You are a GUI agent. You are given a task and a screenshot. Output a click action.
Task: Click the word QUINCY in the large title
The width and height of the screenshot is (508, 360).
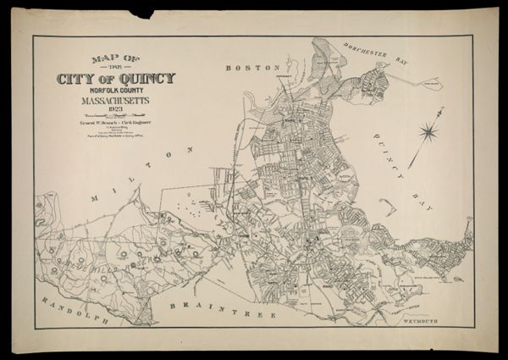[146, 79]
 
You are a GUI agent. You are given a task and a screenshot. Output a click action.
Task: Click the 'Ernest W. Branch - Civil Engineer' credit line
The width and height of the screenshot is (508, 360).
[115, 123]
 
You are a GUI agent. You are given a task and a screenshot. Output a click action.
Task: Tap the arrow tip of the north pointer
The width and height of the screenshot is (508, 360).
[443, 108]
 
